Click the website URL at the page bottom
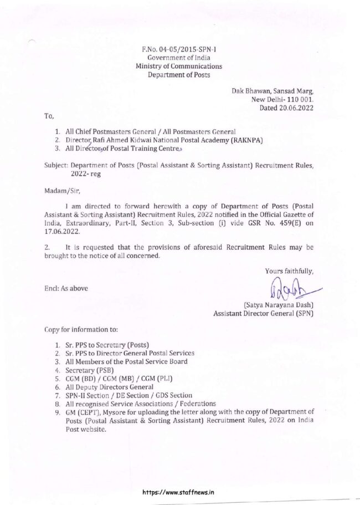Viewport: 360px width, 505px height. (178, 491)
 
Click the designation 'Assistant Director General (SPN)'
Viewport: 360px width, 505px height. (264, 313)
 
